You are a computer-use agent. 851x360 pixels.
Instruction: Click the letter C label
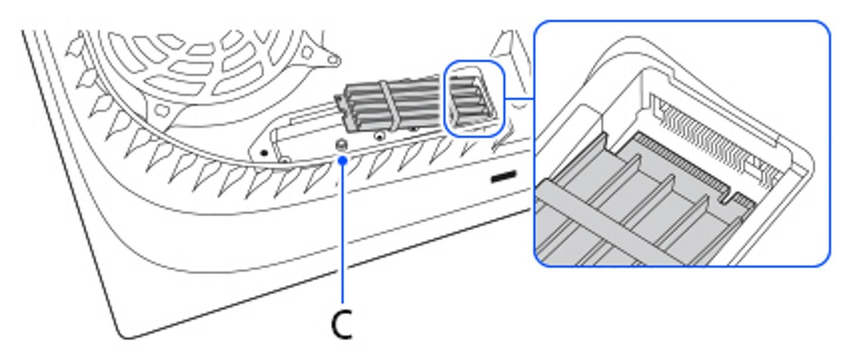[341, 324]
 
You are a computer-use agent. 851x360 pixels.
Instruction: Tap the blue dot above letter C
[343, 161]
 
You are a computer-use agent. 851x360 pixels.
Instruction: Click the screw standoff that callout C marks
[342, 145]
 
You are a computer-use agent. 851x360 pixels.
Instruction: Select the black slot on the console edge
[503, 176]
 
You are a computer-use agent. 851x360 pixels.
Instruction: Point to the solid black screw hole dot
[265, 153]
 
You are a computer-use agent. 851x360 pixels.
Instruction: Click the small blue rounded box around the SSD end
[474, 98]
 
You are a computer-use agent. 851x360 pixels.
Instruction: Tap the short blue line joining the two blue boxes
[519, 98]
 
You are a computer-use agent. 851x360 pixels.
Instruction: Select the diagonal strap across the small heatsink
[389, 104]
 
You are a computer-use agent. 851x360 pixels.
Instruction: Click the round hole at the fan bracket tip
[333, 60]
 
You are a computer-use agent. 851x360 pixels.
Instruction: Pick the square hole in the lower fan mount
[163, 111]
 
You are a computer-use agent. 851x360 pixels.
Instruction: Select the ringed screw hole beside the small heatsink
[379, 135]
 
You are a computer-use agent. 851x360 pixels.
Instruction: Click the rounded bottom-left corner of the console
[126, 334]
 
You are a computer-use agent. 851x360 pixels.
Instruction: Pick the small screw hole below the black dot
[285, 161]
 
